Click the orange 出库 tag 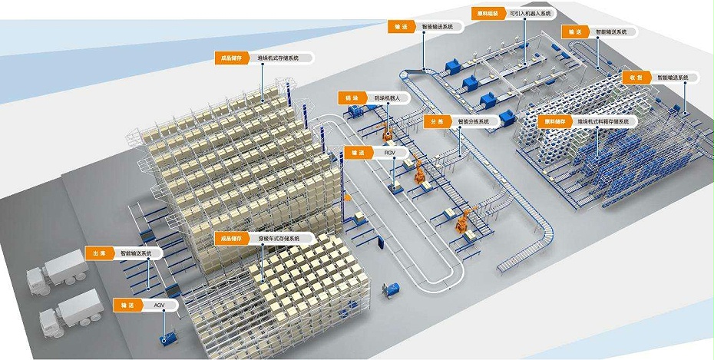[x=98, y=253]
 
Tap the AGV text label [x=160, y=306]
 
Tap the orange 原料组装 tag [x=486, y=13]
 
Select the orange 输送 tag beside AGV [x=127, y=306]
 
